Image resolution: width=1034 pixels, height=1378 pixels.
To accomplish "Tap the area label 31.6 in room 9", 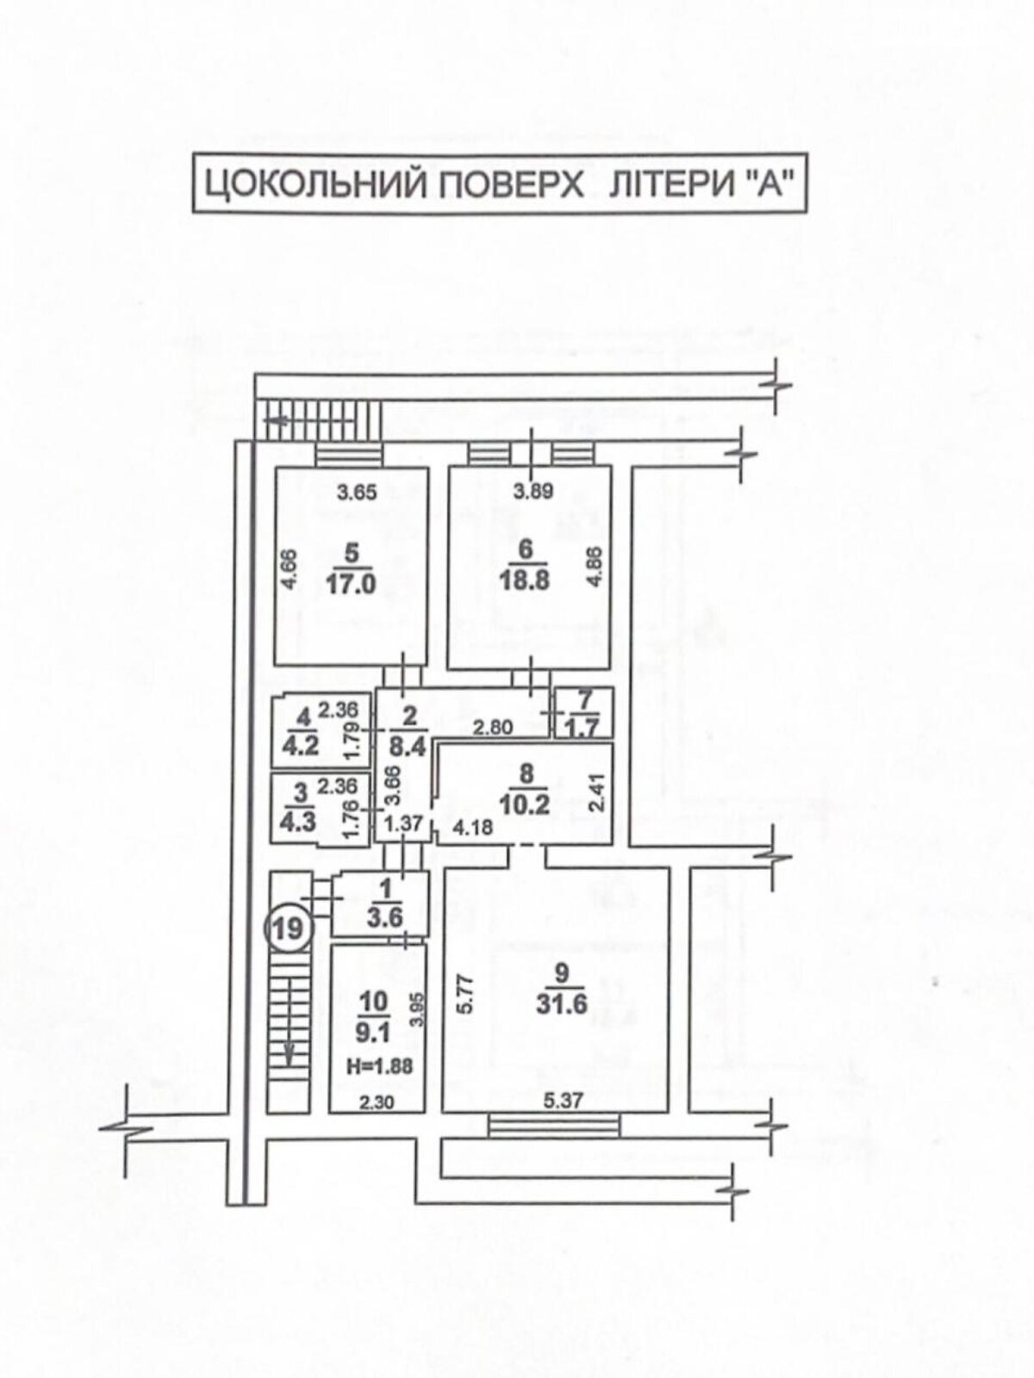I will pyautogui.click(x=561, y=1004).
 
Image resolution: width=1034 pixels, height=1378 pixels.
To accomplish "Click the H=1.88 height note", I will pyautogui.click(x=379, y=1065).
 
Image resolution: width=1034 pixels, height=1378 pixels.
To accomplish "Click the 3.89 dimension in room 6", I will pyautogui.click(x=533, y=492).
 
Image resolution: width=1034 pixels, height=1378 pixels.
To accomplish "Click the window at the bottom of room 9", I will pyautogui.click(x=553, y=1121).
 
